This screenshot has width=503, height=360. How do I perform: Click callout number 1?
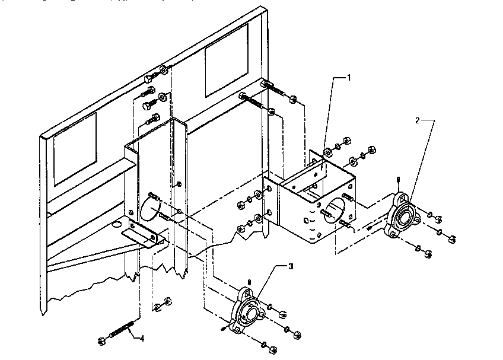349,77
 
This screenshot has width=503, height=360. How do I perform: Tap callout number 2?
418,120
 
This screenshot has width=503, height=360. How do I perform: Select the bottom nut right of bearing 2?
428,254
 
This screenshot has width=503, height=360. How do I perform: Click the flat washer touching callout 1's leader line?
327,153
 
